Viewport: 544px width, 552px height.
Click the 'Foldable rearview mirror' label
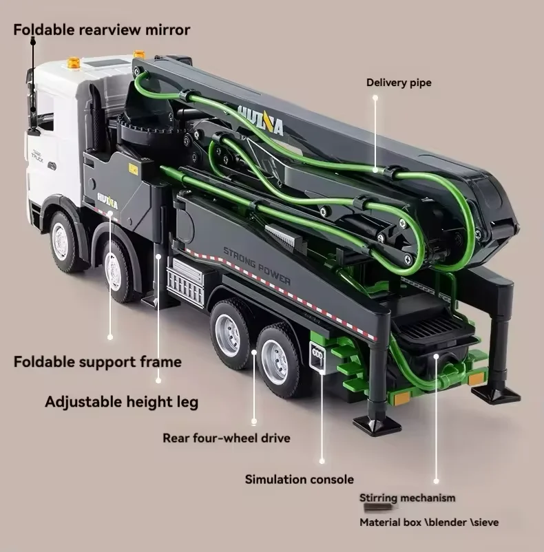(x=101, y=30)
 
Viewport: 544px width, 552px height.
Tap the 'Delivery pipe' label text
(x=398, y=83)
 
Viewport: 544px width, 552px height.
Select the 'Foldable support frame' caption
(x=97, y=361)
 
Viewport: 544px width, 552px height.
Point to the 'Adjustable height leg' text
(x=121, y=401)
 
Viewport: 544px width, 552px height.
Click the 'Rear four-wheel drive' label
(x=226, y=438)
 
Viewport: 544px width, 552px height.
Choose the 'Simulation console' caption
(x=299, y=479)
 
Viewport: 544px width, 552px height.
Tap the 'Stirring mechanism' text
(x=406, y=498)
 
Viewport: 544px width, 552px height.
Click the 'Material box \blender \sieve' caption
(x=428, y=522)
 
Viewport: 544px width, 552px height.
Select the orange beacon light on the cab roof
(x=73, y=63)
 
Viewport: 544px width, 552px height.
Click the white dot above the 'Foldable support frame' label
(x=110, y=337)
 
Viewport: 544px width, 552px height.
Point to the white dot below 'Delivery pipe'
(x=375, y=98)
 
